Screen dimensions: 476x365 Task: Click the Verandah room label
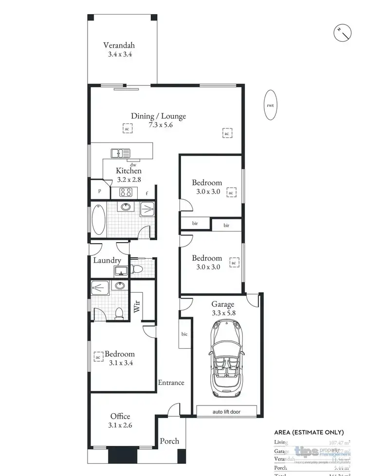[x=120, y=46]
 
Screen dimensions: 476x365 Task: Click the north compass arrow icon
[x=344, y=33]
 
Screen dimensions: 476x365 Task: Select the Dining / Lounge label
[x=158, y=116]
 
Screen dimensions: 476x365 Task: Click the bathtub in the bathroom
[x=98, y=219]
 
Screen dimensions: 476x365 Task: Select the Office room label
[x=120, y=416]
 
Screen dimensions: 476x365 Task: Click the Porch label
[x=169, y=441]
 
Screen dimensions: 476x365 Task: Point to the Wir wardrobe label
[x=137, y=306]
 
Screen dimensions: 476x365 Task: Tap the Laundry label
[x=107, y=261]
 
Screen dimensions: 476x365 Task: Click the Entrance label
[x=171, y=383]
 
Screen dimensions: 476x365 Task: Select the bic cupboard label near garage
[x=184, y=334]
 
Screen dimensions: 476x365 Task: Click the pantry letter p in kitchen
[x=99, y=191]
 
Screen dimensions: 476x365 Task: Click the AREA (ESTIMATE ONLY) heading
[x=309, y=432]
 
